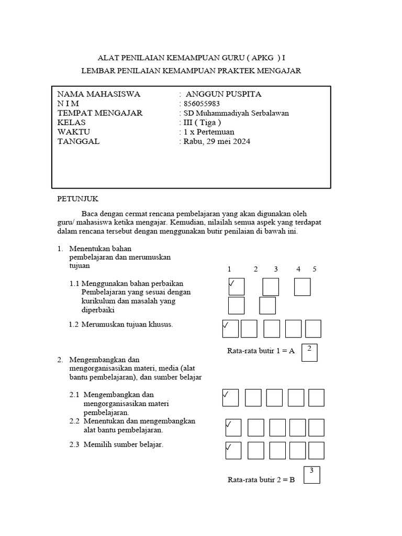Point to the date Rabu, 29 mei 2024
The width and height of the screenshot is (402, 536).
click(x=216, y=141)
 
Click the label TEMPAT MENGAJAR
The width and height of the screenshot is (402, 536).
click(x=99, y=113)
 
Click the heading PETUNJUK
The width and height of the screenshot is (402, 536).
click(x=77, y=199)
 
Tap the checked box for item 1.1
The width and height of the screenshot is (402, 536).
click(x=236, y=287)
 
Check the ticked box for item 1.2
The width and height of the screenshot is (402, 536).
click(x=230, y=329)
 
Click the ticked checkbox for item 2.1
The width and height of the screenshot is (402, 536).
click(x=230, y=398)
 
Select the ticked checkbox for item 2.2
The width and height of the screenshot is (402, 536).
click(x=233, y=427)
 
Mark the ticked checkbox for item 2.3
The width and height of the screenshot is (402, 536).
click(x=233, y=450)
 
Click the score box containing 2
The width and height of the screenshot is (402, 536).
click(x=309, y=352)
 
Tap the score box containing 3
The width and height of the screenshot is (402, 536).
click(x=312, y=475)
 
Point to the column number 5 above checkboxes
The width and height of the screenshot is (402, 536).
click(x=315, y=269)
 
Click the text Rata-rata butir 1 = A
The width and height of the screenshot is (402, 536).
click(x=261, y=351)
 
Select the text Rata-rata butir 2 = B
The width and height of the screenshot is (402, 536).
click(x=261, y=479)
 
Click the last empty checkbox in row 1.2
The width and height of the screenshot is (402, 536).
click(x=313, y=329)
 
